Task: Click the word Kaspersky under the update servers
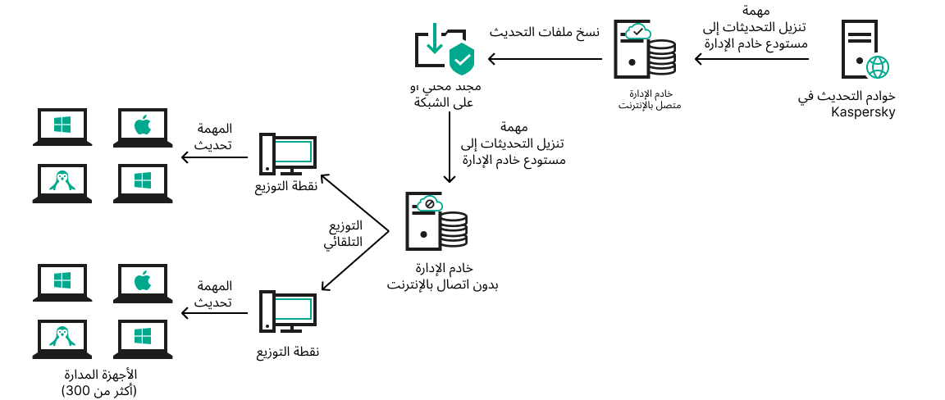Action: click(863, 112)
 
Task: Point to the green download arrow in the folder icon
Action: click(434, 41)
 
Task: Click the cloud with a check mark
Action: click(637, 32)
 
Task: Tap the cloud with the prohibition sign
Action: click(428, 204)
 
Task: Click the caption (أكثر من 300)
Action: click(100, 390)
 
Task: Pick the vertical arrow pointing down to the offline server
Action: click(449, 148)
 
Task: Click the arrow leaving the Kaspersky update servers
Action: click(751, 59)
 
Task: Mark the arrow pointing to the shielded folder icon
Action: click(546, 59)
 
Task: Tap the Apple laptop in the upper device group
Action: click(143, 128)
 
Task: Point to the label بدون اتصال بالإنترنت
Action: click(443, 284)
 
